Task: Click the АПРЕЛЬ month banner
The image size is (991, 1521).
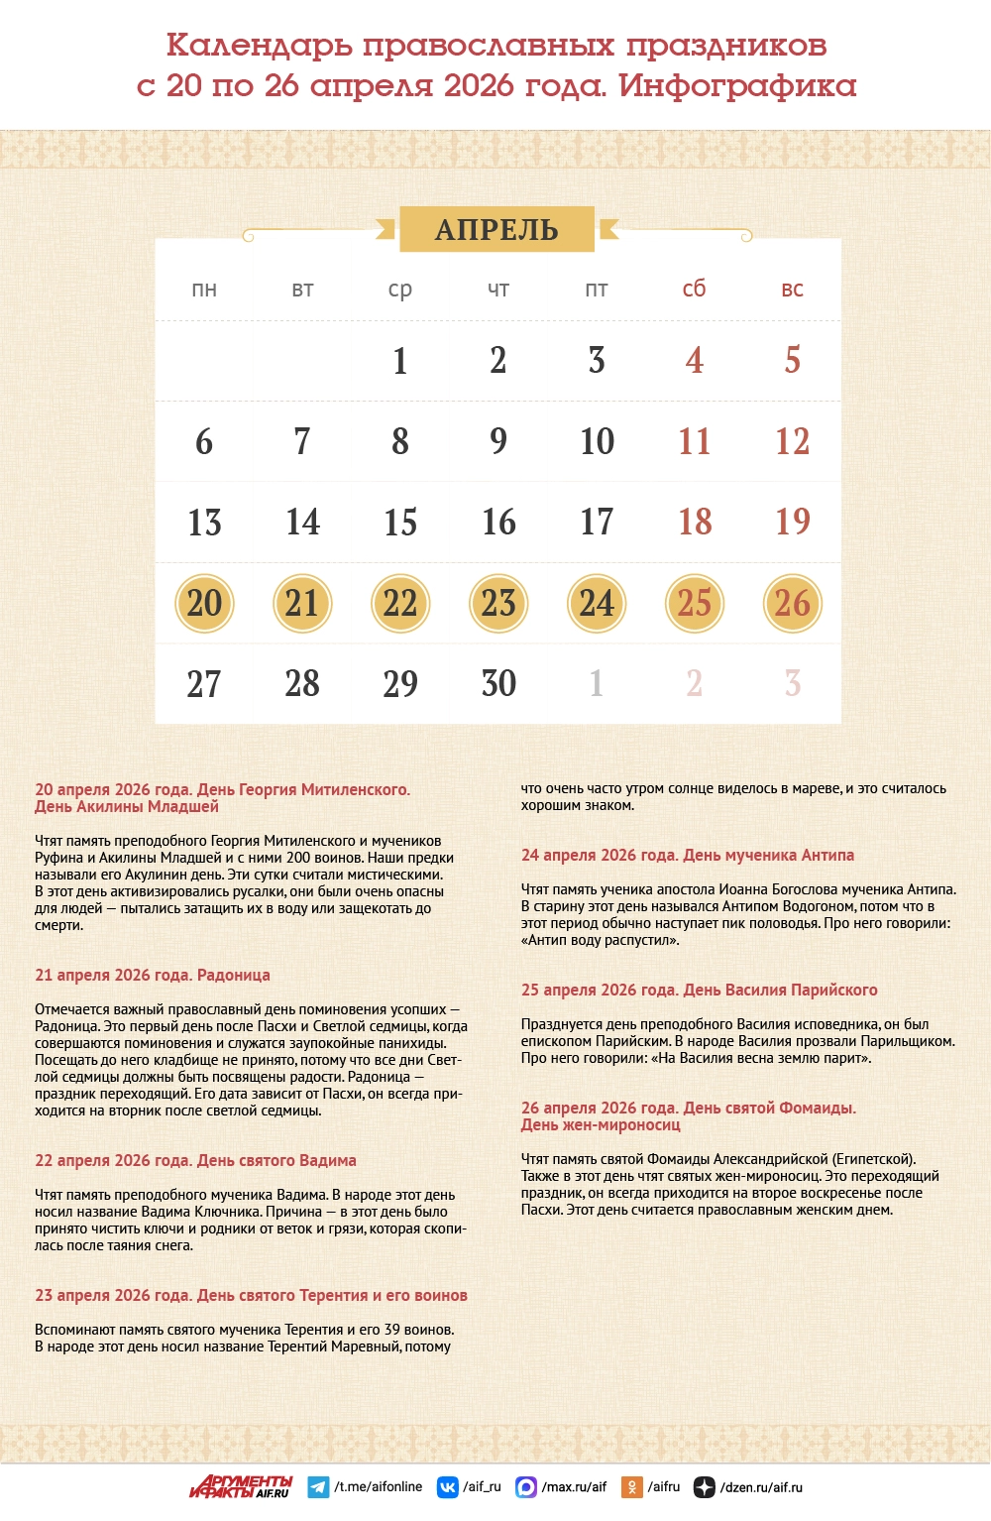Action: click(496, 229)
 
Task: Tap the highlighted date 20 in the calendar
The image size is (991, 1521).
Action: click(204, 603)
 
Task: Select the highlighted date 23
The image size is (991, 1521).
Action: click(498, 603)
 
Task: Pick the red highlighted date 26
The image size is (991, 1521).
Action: click(793, 603)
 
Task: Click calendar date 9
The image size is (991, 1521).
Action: click(498, 441)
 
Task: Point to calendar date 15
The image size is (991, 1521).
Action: click(400, 523)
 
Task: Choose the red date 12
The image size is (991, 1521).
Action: click(793, 441)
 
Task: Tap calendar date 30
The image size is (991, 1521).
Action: click(498, 683)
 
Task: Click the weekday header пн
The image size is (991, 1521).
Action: click(204, 290)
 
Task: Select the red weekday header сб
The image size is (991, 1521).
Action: click(695, 289)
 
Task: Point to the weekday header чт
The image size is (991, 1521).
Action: click(498, 290)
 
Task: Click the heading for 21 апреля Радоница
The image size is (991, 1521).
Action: click(153, 976)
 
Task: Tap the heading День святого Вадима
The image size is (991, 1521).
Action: click(195, 1161)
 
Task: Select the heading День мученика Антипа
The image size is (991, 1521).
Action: click(688, 856)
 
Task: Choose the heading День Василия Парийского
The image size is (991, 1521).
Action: click(700, 991)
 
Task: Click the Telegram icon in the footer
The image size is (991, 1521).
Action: click(318, 1487)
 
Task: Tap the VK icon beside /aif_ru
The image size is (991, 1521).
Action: click(448, 1487)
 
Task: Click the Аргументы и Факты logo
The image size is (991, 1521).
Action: click(242, 1486)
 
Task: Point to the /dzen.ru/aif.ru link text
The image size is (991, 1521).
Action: click(761, 1487)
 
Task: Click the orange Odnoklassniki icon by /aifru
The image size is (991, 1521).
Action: click(631, 1487)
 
